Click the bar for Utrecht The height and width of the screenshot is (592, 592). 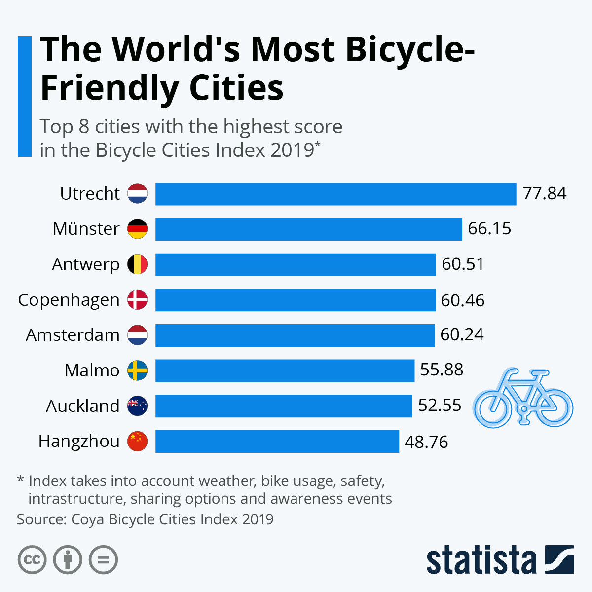point(335,194)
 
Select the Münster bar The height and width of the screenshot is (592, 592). point(308,229)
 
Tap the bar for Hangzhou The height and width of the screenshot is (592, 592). point(277,441)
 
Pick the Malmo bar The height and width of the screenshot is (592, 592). point(285,370)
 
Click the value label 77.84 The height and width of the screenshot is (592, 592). point(545,193)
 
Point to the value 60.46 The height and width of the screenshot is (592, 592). point(462,300)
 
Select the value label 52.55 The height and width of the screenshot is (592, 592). point(440,406)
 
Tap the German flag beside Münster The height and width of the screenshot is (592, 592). point(137,229)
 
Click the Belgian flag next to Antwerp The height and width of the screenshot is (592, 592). point(137,264)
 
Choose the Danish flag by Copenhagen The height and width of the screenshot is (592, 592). point(137,299)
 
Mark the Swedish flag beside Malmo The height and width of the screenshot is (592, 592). point(137,370)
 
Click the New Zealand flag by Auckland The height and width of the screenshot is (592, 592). point(137,406)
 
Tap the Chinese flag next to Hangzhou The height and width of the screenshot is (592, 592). point(137,441)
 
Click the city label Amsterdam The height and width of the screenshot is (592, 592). point(73,335)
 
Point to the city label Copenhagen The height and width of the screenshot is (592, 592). point(69,300)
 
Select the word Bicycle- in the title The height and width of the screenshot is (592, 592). point(409,49)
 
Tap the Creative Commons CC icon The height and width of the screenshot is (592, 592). point(32,560)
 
